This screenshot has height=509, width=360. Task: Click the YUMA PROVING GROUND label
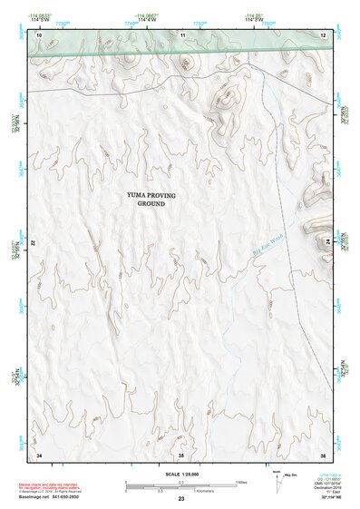pyautogui.click(x=151, y=200)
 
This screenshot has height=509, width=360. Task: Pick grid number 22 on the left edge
pyautogui.click(x=34, y=243)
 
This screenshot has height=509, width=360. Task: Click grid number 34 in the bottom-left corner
pyautogui.click(x=39, y=454)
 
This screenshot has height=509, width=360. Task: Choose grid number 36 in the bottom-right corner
pyautogui.click(x=322, y=454)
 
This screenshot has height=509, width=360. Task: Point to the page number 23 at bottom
pyautogui.click(x=180, y=499)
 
